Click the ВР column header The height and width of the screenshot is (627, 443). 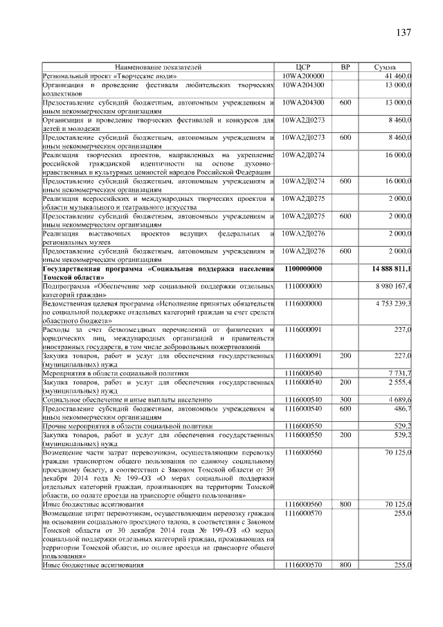(x=345, y=67)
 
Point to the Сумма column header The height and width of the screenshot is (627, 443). (x=385, y=67)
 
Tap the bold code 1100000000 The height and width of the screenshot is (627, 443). (x=303, y=268)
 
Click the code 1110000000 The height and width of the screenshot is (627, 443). (x=303, y=285)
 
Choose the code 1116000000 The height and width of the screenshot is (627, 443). (x=303, y=303)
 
